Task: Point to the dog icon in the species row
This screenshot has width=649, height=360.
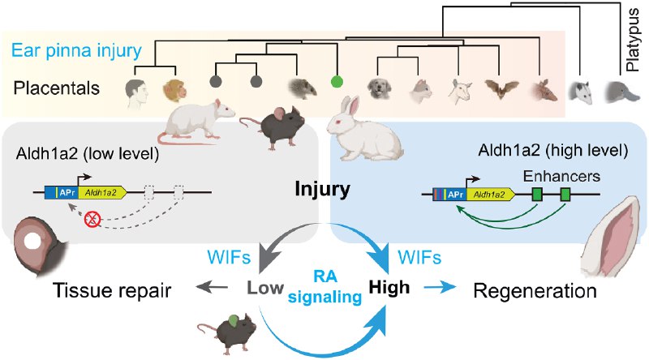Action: coord(377,88)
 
